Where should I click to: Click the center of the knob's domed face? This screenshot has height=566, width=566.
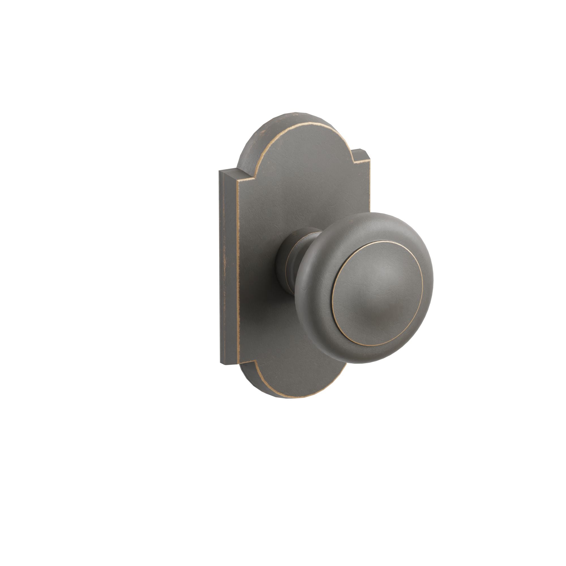[x=378, y=293]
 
